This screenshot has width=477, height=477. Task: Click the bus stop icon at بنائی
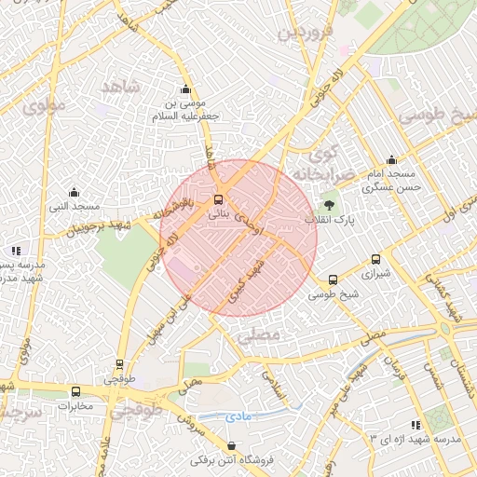pyautogui.click(x=219, y=198)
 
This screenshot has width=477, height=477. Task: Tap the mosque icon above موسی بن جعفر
pyautogui.click(x=186, y=89)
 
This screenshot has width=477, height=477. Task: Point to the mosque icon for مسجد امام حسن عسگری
pyautogui.click(x=395, y=159)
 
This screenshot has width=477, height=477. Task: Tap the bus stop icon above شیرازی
pyautogui.click(x=375, y=260)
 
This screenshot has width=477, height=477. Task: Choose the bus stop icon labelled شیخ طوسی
pyautogui.click(x=333, y=279)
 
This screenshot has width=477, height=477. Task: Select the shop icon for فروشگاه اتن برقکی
pyautogui.click(x=231, y=445)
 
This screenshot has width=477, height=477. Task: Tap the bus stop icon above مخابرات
pyautogui.click(x=75, y=391)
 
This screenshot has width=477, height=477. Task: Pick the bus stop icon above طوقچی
pyautogui.click(x=118, y=364)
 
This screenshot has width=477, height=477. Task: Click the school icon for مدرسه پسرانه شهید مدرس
pyautogui.click(x=16, y=251)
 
